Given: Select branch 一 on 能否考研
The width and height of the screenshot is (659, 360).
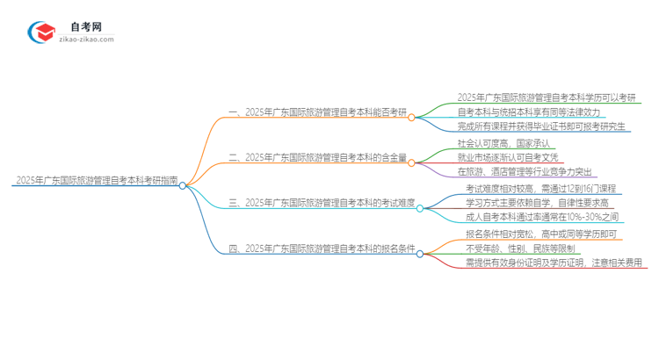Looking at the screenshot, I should (318, 113).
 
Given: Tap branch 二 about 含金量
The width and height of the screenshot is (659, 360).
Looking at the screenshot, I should (318, 158).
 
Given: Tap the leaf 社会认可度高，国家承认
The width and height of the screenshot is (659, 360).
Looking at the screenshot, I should (503, 143).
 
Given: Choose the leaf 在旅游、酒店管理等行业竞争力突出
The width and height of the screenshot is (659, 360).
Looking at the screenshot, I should (525, 173).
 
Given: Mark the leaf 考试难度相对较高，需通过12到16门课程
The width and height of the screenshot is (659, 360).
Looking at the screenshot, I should (540, 188).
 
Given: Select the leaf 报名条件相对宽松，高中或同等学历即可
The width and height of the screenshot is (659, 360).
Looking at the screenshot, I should (540, 233).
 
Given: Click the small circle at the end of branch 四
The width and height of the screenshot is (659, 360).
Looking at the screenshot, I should (419, 255).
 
